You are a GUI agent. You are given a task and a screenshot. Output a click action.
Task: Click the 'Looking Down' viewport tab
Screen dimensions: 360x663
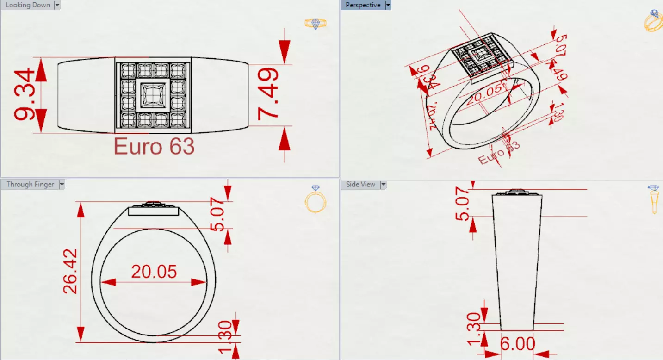coord(27,5)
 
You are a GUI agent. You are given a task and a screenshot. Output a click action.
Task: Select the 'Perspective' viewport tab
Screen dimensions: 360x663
coord(363,5)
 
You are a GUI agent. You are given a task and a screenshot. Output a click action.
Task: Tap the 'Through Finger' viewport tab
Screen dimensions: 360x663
coord(30,184)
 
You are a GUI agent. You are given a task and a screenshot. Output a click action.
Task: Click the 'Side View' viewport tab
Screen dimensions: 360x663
coord(360,184)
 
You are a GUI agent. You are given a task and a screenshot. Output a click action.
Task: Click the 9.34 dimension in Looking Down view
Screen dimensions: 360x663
coord(24,95)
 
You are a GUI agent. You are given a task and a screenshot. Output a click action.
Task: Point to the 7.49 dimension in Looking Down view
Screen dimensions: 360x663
coord(268,95)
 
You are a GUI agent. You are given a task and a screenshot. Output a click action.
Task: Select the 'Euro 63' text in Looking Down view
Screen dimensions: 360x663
coord(154,146)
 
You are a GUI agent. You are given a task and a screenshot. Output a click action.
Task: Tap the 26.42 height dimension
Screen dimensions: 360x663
coord(70,272)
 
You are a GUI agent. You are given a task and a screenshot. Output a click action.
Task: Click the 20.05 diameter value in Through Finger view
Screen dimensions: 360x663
coord(154,272)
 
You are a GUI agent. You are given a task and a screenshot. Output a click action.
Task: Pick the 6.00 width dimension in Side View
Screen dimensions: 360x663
coord(517,344)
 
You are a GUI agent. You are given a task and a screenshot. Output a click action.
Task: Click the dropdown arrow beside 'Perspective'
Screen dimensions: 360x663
coord(388,5)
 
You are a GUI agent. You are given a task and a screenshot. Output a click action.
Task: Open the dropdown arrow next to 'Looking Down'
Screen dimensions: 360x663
coord(57,5)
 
